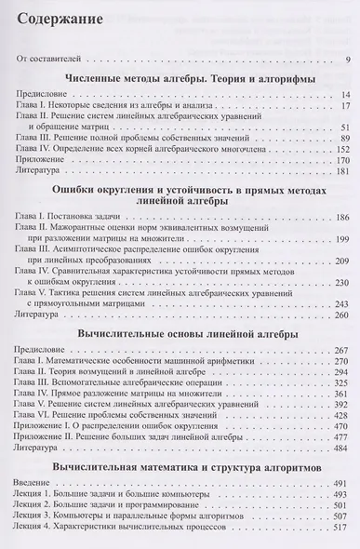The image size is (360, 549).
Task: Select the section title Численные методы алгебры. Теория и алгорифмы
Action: (181, 80)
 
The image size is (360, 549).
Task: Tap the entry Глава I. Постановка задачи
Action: (78, 242)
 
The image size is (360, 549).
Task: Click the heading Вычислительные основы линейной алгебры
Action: (181, 359)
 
